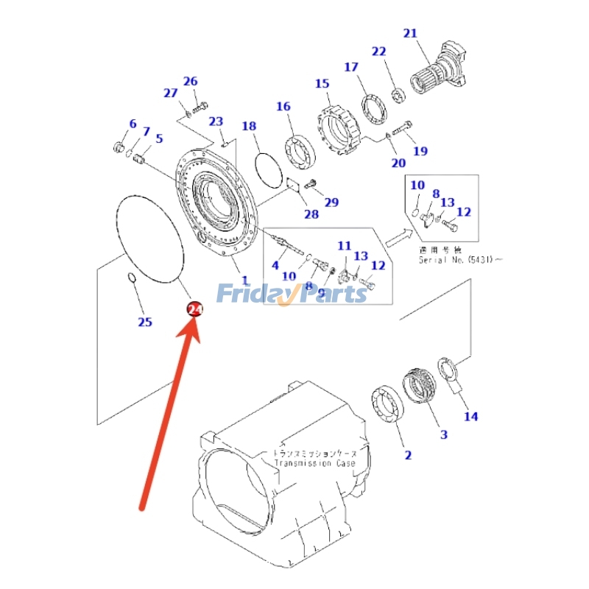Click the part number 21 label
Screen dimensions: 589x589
coord(410,33)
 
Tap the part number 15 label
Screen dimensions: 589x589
coord(322,83)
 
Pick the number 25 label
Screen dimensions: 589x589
coord(145,322)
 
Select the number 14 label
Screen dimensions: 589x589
coord(470,416)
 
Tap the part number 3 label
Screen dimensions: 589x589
coord(443,434)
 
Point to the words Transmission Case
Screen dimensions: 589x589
coord(314,463)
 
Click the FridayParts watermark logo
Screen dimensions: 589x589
coord(292,294)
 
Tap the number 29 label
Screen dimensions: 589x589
coord(331,202)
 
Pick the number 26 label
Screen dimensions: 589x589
coord(191,81)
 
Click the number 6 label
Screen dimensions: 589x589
coord(133,123)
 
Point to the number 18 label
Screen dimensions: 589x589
coord(249,126)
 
